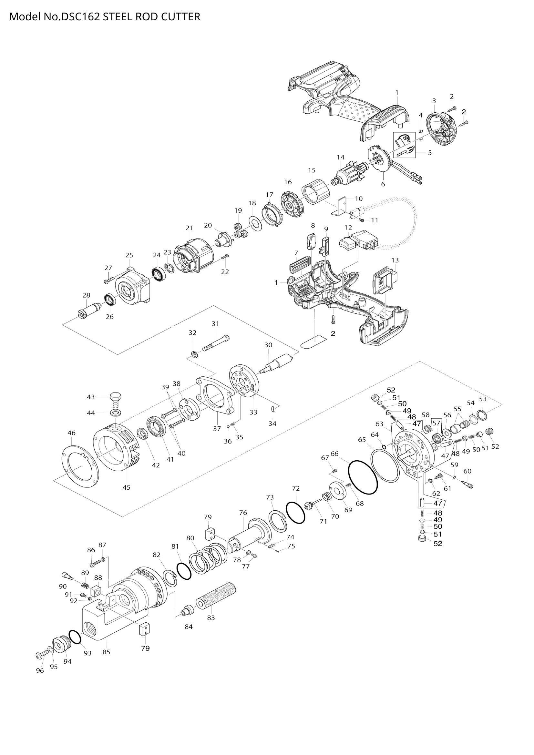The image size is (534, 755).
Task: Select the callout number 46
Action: point(71,433)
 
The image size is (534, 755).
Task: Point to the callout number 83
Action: point(211,617)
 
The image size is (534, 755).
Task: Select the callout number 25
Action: point(129,255)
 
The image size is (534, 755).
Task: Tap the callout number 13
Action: point(395,260)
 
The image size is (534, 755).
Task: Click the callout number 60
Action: point(467,471)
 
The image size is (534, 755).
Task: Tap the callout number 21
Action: point(189,228)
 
